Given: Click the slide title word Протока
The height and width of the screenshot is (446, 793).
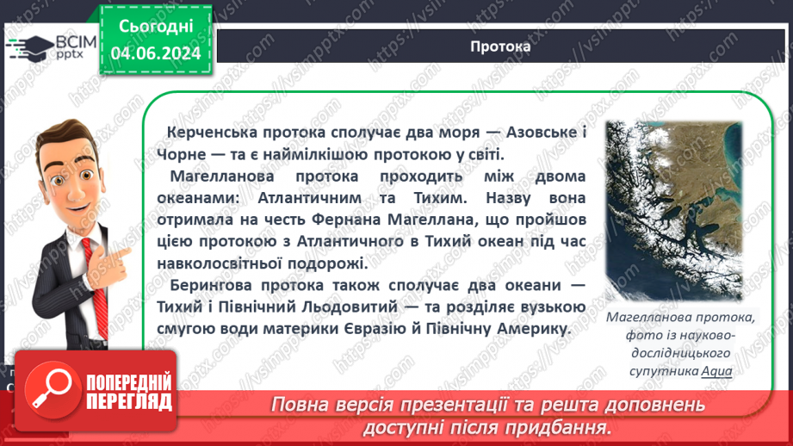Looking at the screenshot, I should coord(500,46).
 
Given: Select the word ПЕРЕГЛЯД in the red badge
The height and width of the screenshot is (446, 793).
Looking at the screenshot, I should coord(130,401).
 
